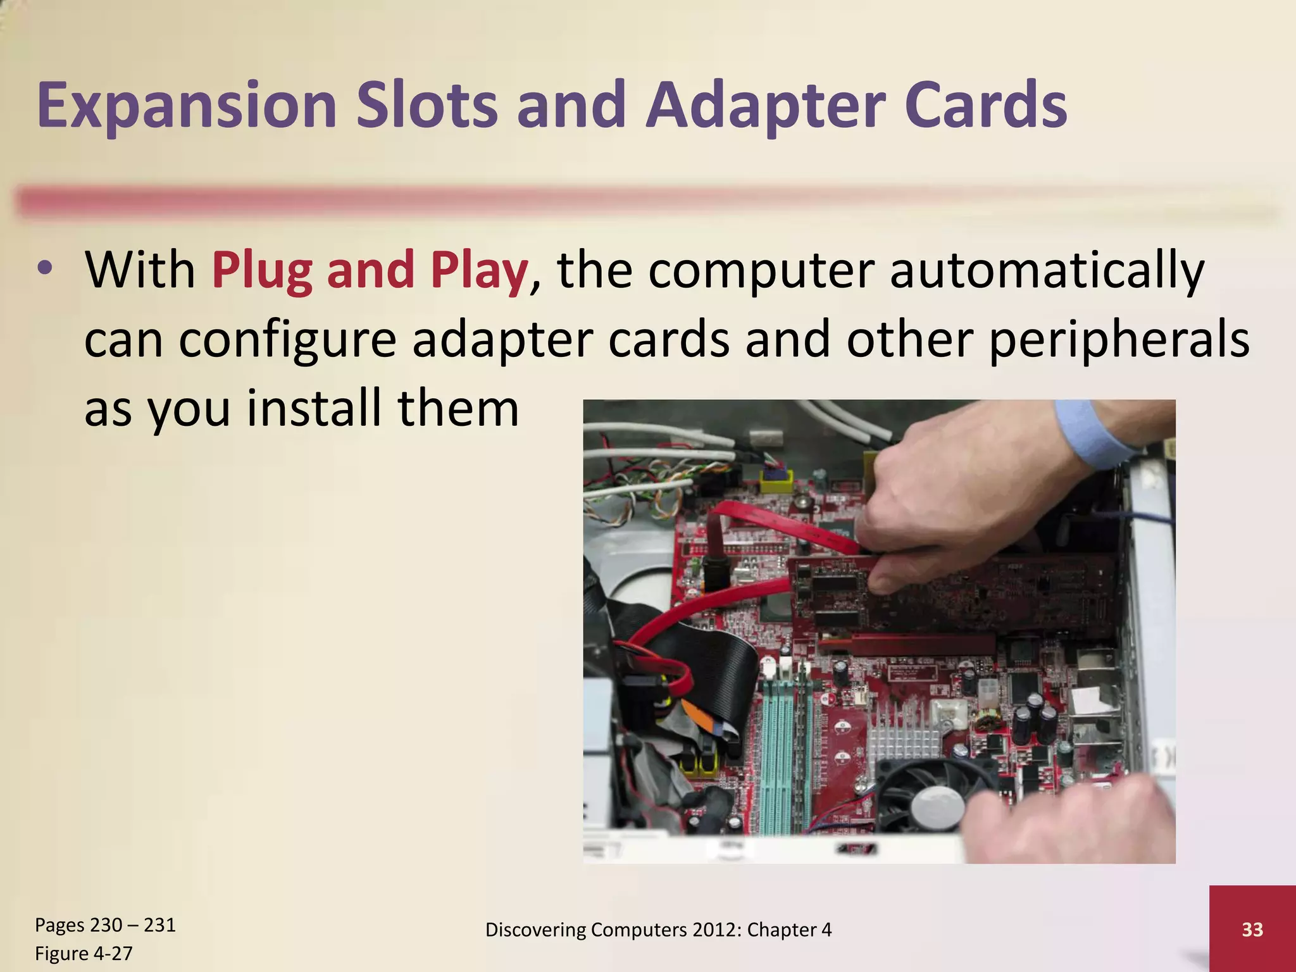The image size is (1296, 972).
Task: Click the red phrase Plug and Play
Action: coord(370,270)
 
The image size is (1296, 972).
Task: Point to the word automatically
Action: coord(1047,270)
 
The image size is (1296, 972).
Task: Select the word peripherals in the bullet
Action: coord(1118,340)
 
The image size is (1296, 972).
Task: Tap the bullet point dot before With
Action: coord(45,270)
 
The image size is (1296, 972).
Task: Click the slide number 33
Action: coord(1252,929)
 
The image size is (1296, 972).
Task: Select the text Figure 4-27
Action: coord(84,953)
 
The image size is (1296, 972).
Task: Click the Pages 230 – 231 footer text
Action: coord(105,925)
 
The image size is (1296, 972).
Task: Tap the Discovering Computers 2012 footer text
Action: coord(658,929)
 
